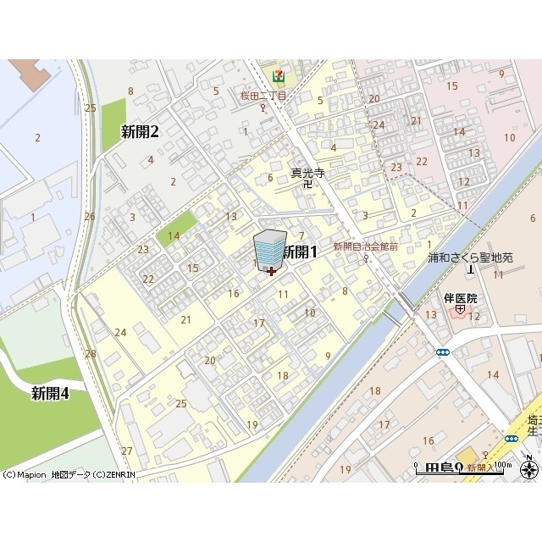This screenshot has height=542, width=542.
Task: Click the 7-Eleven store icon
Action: pyautogui.click(x=278, y=75)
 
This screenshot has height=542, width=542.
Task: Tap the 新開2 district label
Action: pyautogui.click(x=140, y=131)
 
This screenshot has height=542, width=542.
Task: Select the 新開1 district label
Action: pyautogui.click(x=299, y=252)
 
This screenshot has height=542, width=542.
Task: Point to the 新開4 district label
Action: pyautogui.click(x=50, y=393)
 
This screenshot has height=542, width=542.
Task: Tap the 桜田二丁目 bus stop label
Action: pyautogui.click(x=263, y=96)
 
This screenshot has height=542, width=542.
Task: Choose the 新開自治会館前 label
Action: pyautogui.click(x=365, y=246)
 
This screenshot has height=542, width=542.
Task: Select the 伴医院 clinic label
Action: pyautogui.click(x=461, y=298)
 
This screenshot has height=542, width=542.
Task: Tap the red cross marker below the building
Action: pyautogui.click(x=271, y=272)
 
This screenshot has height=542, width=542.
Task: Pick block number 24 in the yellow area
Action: pyautogui.click(x=120, y=332)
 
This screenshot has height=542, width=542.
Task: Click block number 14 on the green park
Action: pyautogui.click(x=174, y=235)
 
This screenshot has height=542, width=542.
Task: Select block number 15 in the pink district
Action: pyautogui.click(x=451, y=86)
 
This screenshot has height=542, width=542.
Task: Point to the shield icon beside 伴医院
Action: pyautogui.click(x=459, y=310)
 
